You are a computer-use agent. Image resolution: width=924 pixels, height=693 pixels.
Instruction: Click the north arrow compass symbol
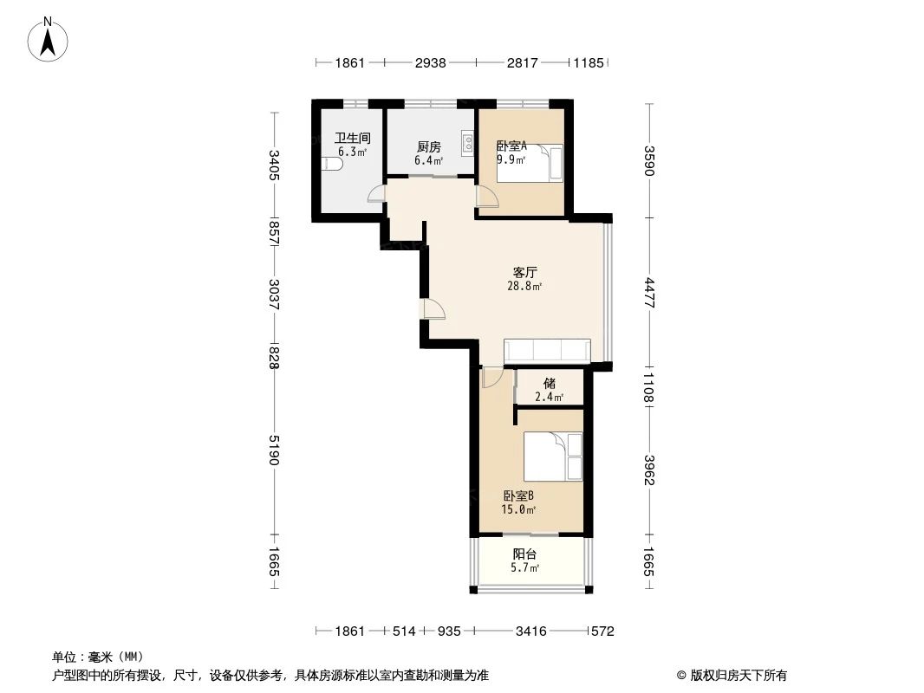tap(49, 40)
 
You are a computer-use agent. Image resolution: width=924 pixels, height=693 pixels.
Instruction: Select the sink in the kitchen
tap(468, 141)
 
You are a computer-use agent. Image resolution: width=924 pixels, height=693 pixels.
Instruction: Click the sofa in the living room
tap(547, 350)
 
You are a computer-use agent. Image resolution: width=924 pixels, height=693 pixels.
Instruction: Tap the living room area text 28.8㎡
tap(524, 287)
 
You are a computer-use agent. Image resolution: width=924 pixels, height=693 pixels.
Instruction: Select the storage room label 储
tap(549, 383)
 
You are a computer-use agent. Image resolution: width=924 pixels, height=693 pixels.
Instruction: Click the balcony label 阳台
tap(524, 554)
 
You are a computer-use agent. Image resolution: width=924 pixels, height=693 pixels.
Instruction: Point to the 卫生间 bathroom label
tap(353, 138)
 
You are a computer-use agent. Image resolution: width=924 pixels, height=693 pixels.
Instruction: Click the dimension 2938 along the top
tap(430, 63)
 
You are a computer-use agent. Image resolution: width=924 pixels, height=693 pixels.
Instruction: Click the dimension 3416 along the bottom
tap(530, 631)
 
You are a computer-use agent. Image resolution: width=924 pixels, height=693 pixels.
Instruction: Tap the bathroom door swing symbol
tap(376, 195)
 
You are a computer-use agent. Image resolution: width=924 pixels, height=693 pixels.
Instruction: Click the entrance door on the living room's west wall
tap(431, 309)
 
